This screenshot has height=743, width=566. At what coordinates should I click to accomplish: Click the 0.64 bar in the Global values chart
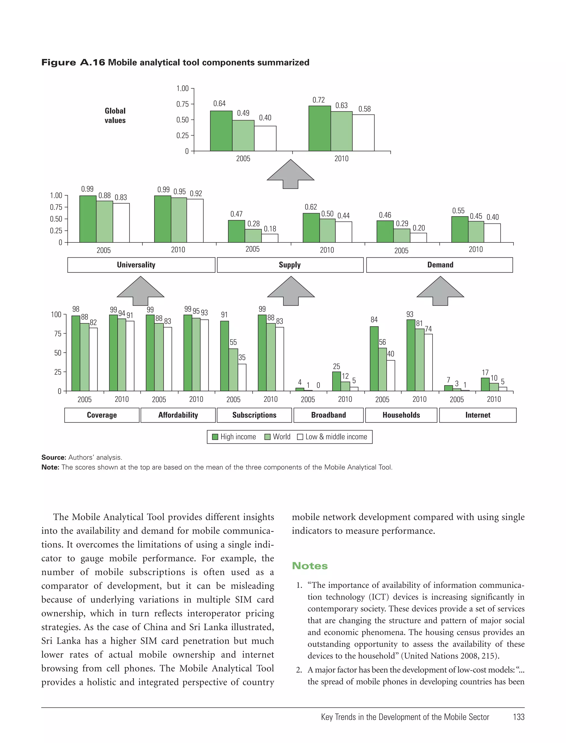click(221, 131)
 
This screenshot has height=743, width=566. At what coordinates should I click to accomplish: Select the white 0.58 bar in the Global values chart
click(363, 133)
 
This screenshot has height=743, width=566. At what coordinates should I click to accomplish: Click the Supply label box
click(290, 265)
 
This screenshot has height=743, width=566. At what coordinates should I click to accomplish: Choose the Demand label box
click(440, 265)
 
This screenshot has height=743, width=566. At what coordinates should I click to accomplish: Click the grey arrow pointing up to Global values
click(290, 174)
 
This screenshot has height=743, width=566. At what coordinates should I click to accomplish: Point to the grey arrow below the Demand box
click(440, 291)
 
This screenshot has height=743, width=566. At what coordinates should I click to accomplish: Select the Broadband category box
click(329, 415)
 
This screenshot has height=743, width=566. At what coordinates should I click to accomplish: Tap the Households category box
click(401, 415)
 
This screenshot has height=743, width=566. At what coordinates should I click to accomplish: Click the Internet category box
click(478, 415)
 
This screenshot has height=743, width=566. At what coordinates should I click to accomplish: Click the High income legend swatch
click(215, 437)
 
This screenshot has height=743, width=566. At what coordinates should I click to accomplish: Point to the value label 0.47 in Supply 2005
click(236, 214)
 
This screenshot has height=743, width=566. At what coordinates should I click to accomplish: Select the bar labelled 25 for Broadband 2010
click(336, 381)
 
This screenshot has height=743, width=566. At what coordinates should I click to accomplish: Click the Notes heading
click(310, 566)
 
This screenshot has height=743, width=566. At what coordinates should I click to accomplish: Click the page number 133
click(518, 717)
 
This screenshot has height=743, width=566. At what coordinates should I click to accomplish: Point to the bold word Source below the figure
click(53, 457)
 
